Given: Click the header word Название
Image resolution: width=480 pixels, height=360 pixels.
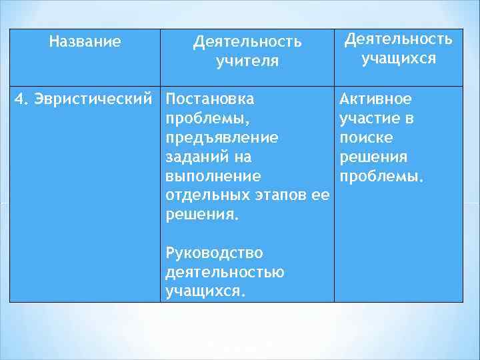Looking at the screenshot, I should pos(85,43).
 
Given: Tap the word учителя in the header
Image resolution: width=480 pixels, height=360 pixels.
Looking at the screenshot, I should pos(247,62).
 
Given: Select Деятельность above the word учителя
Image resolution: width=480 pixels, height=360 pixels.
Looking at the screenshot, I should pos(247,43).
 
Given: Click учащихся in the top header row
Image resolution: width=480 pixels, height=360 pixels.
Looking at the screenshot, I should pos(398,59).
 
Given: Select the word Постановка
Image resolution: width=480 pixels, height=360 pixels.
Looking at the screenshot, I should pos(209,99).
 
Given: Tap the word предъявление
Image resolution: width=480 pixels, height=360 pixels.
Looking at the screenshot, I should pos(222,138).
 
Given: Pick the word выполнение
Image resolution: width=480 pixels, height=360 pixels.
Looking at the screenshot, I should pos(213,177).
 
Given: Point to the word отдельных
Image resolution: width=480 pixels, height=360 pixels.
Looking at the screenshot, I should pos(203,196).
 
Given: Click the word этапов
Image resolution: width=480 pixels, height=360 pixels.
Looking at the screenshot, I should pos(277,196).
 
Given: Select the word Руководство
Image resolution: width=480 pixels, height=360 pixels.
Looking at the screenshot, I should pos(214,253).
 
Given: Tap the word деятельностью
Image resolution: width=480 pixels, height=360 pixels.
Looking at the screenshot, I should pos(225,273).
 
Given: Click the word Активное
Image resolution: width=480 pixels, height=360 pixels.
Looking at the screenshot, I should pos(375,99).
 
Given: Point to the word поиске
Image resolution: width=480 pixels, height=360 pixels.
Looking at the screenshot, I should pos(366,138).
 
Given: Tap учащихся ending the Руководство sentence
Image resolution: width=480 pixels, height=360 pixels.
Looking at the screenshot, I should pos(205,292).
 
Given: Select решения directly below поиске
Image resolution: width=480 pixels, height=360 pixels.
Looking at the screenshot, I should pos(373,157).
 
